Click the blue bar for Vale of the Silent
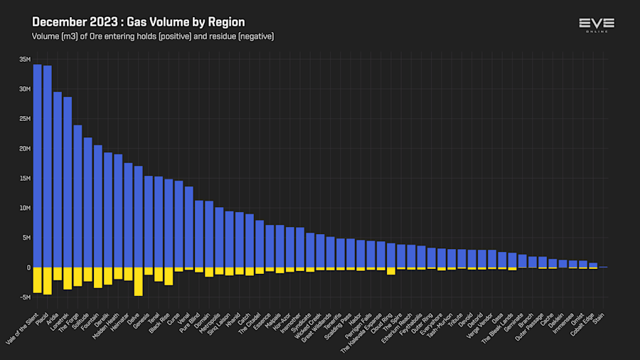pyautogui.click(x=37, y=166)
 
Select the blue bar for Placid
pyautogui.click(x=47, y=166)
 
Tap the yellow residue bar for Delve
pyautogui.click(x=138, y=281)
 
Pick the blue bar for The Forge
pyautogui.click(x=78, y=196)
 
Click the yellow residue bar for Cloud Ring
pyautogui.click(x=390, y=271)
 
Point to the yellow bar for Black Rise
pyautogui.click(x=169, y=276)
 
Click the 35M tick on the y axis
pyautogui.click(x=25, y=59)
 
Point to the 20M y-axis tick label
pyautogui.click(x=25, y=149)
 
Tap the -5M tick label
pyautogui.click(x=25, y=297)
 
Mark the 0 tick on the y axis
pyautogui.click(x=28, y=268)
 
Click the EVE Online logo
pyautogui.click(x=596, y=26)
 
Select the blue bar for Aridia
pyautogui.click(x=58, y=180)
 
